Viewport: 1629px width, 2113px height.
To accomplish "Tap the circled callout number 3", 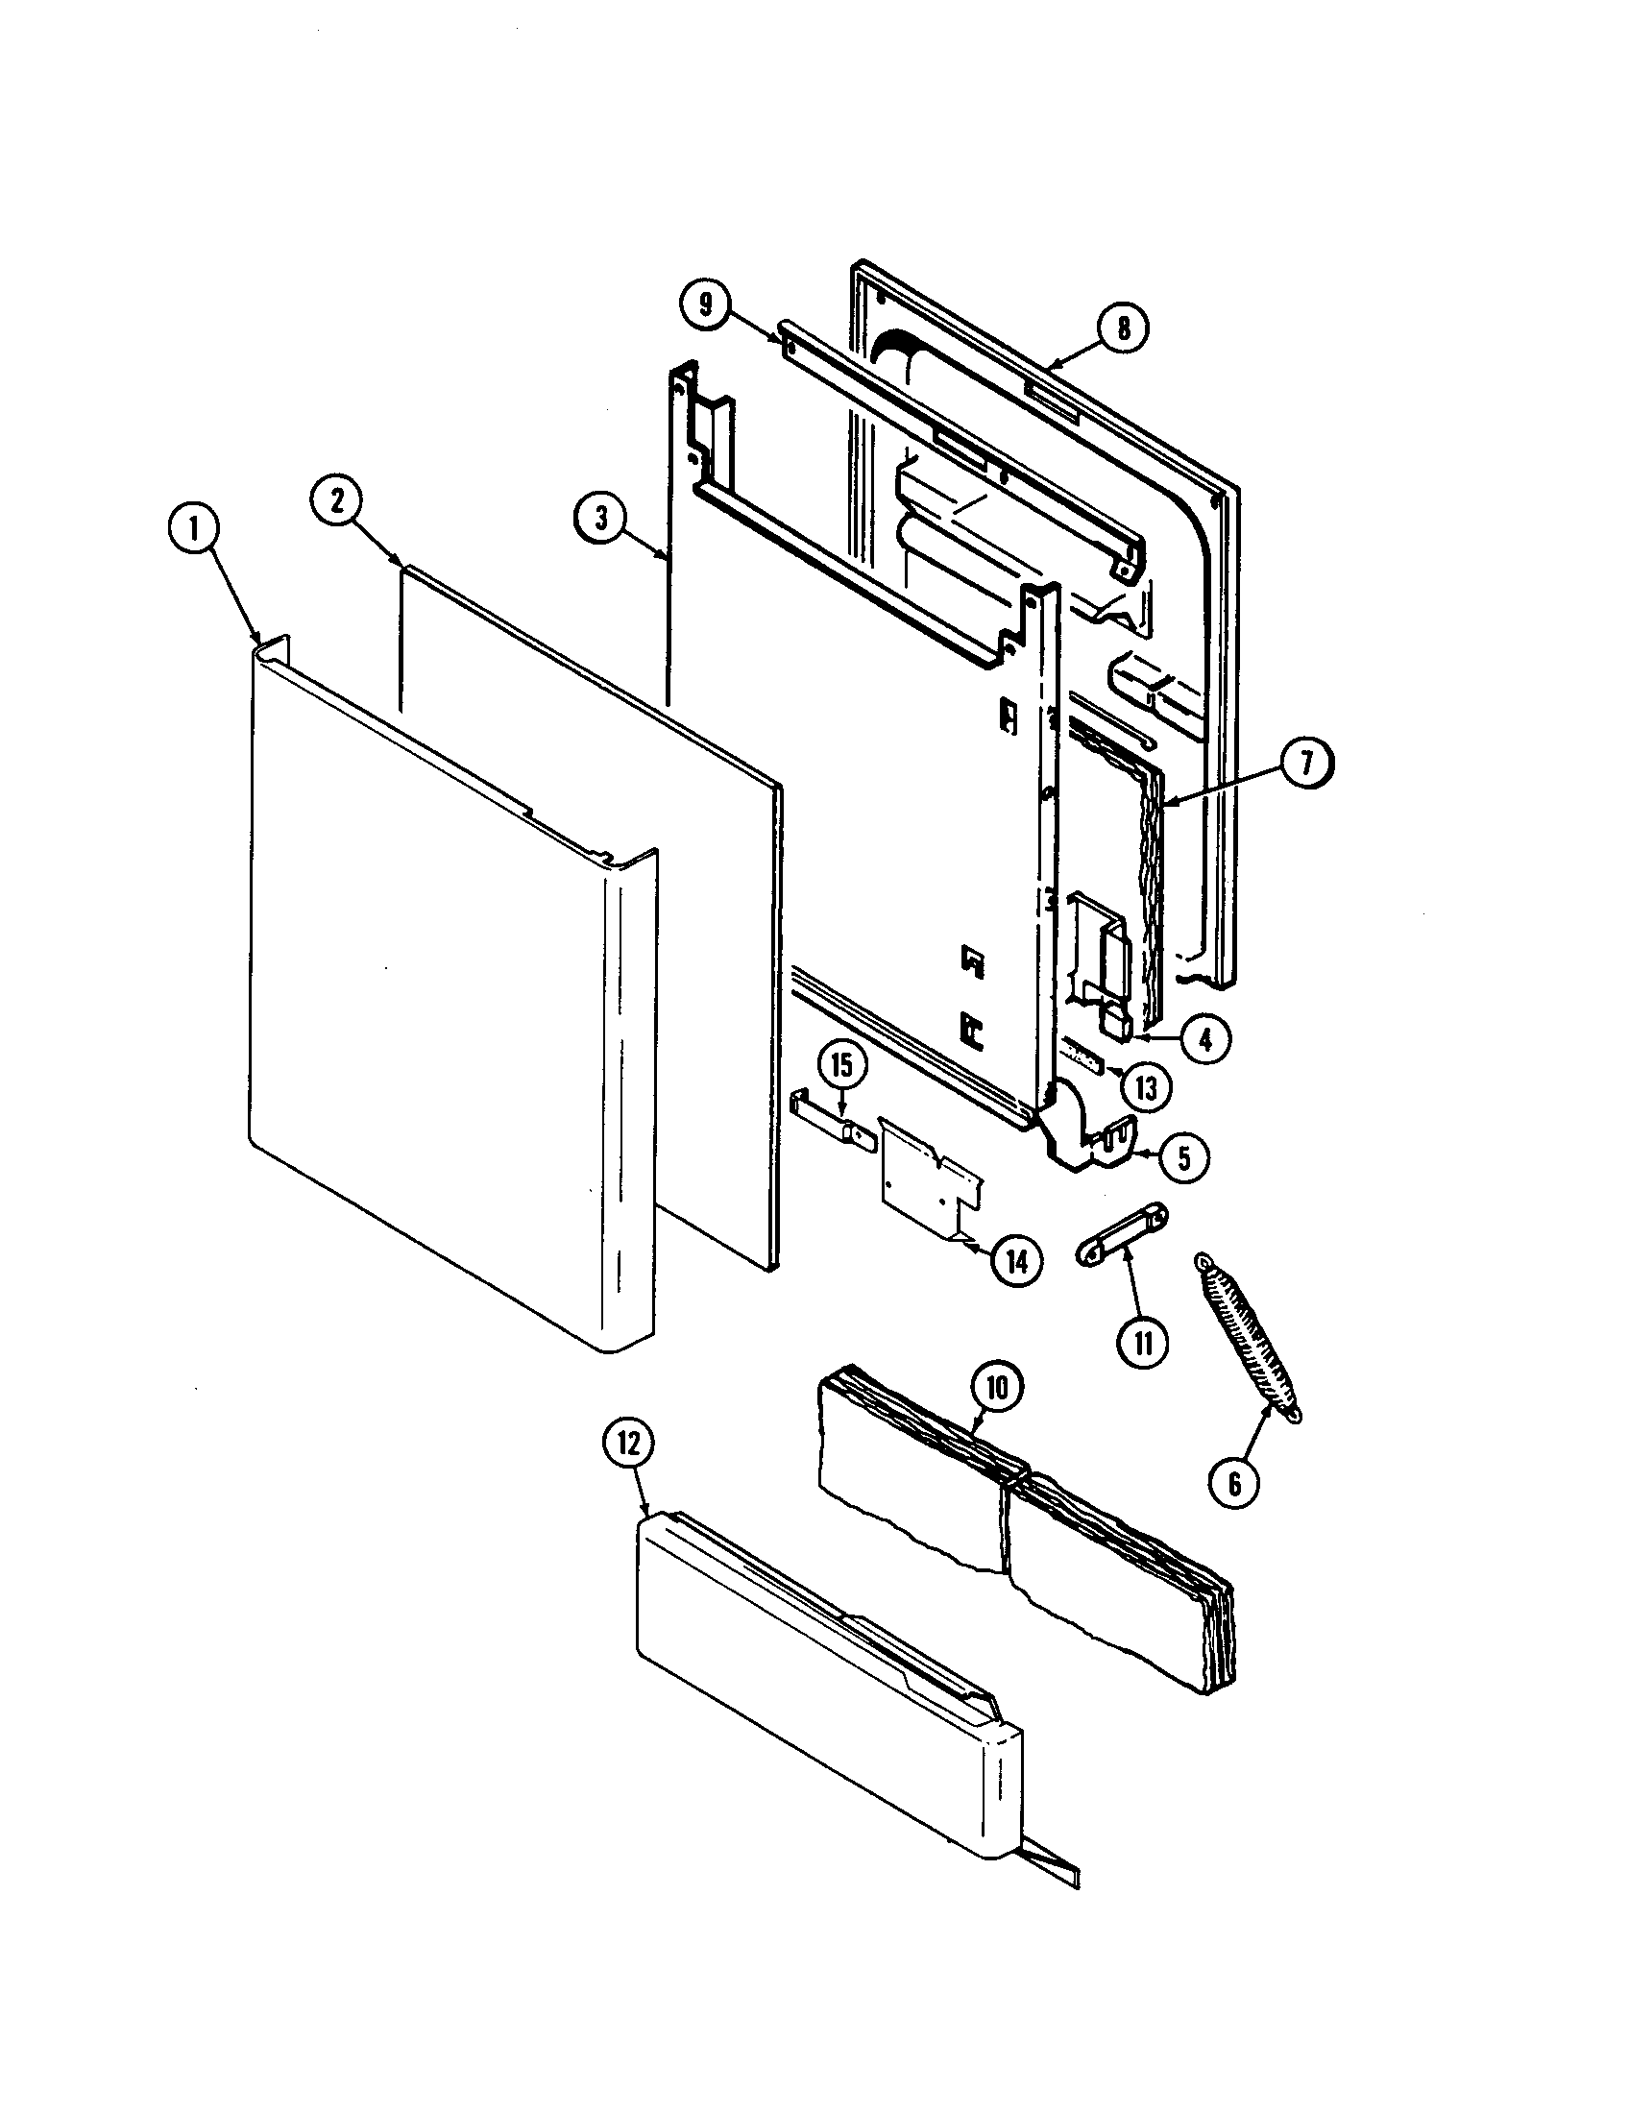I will tap(601, 518).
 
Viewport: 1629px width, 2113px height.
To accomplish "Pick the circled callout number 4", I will tap(1204, 1039).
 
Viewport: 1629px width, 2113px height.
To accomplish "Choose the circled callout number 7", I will tap(1306, 764).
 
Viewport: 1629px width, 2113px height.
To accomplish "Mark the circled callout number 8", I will tap(1122, 328).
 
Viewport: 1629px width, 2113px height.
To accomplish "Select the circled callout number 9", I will tap(706, 304).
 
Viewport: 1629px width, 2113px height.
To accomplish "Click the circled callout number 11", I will tap(1144, 1344).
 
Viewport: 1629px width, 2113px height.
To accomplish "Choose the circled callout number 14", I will tap(1017, 1261).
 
